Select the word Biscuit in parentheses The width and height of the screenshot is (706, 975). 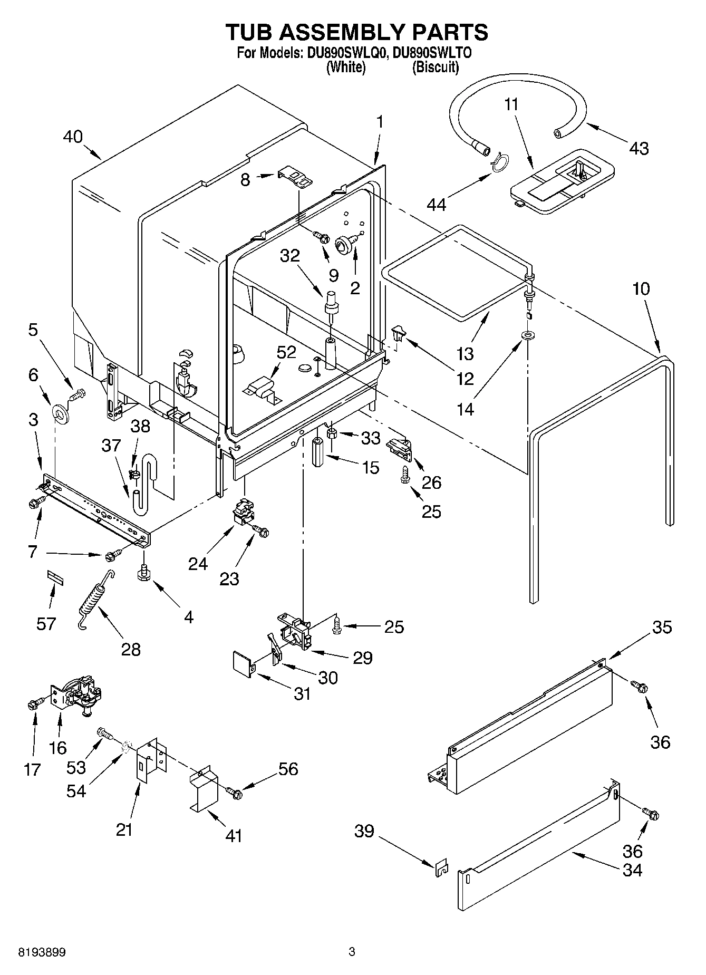(x=435, y=67)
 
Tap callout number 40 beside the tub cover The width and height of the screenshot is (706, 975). (x=73, y=137)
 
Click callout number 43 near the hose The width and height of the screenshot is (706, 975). (x=639, y=148)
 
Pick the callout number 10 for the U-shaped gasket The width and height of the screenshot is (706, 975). (x=641, y=288)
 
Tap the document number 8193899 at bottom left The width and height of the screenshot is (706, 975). (x=42, y=952)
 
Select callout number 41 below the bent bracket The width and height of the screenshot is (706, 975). (x=233, y=835)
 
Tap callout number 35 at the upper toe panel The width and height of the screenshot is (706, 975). (x=662, y=627)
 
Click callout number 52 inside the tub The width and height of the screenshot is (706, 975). (x=287, y=352)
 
